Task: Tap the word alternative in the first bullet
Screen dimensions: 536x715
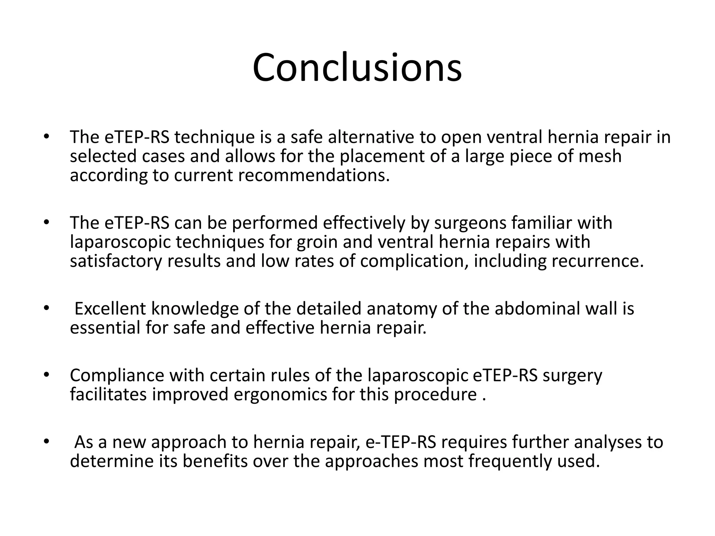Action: pos(371,137)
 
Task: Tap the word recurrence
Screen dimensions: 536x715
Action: pos(597,261)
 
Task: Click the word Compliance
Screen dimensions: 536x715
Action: pos(117,375)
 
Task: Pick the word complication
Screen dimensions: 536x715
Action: pos(414,261)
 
